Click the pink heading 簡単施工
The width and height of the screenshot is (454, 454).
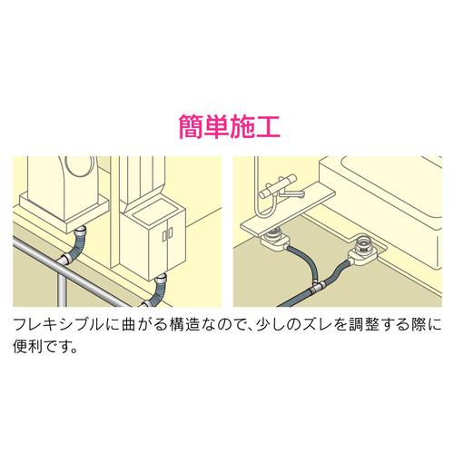coord(230,127)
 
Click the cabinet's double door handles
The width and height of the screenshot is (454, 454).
coord(167,234)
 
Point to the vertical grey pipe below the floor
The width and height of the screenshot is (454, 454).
coord(61,288)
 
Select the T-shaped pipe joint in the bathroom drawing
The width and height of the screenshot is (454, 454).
coord(318,285)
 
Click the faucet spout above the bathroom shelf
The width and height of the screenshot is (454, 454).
coord(291,192)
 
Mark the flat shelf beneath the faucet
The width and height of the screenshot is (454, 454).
coord(288,212)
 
